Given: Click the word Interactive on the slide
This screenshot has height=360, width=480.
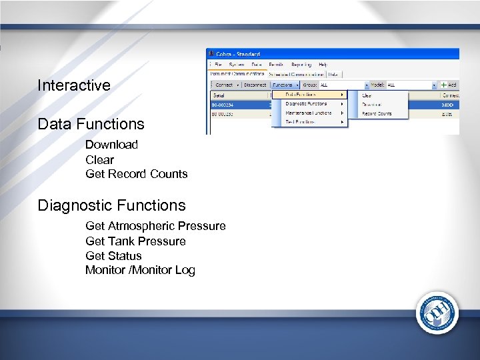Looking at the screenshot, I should pos(74,85).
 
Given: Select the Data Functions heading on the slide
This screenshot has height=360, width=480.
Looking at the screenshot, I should pos(91,124).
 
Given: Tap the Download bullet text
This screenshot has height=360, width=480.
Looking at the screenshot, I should pos(111,145).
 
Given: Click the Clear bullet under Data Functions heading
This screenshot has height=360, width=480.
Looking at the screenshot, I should pos(99,160).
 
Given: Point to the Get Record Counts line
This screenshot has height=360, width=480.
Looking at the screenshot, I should pos(136,174).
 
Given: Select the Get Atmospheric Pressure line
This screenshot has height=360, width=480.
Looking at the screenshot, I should pos(155,226).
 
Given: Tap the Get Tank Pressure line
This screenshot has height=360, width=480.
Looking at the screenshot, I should pos(135,241).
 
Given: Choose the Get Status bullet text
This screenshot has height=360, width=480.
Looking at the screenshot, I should pos(113,256).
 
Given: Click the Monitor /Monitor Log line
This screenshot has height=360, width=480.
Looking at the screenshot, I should pos(140,270).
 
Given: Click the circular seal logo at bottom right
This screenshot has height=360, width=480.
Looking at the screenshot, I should pos(437,313).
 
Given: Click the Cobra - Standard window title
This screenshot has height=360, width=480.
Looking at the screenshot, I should pos(237,54).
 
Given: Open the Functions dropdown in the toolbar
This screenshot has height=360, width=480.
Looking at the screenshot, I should pos(285,85).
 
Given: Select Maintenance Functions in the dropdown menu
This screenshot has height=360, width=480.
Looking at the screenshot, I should pos(309,113).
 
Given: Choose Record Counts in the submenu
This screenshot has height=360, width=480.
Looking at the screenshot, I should pos(377,114).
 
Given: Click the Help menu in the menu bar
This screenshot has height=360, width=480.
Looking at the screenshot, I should pos(323,65).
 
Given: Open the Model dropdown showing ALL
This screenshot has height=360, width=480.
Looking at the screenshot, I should pos(411,85).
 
